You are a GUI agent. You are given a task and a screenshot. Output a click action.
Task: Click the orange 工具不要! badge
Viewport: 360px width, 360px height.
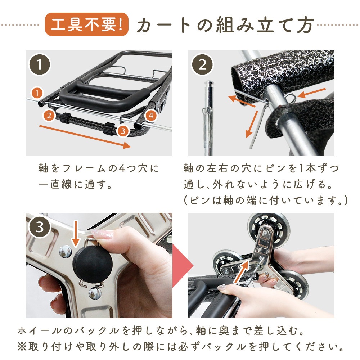tap(86, 24)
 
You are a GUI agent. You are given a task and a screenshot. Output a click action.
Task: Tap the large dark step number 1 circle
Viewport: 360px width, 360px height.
tap(39, 64)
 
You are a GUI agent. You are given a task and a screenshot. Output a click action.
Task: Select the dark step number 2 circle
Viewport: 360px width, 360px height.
tap(202, 64)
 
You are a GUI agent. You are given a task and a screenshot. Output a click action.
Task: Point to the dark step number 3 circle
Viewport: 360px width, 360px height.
tap(39, 227)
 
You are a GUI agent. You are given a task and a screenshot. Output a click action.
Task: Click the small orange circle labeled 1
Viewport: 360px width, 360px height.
tap(37, 93)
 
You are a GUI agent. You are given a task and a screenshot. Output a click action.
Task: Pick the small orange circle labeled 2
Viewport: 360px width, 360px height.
tap(49, 116)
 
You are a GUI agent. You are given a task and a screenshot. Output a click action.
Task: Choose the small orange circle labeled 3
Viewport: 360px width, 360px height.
tap(123, 131)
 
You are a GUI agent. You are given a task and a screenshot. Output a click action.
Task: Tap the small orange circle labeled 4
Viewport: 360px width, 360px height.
tap(151, 116)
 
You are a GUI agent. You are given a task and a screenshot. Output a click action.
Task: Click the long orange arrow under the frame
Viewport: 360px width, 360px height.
tap(85, 137)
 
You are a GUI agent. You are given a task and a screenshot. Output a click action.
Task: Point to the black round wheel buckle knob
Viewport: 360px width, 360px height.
tap(93, 264)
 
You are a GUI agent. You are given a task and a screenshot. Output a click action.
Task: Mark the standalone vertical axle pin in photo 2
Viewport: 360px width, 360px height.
tap(208, 118)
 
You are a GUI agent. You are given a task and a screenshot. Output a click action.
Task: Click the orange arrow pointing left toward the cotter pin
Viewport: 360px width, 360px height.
tap(312, 93)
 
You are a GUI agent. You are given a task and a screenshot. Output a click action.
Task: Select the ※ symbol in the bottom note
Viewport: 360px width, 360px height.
tap(22, 347)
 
